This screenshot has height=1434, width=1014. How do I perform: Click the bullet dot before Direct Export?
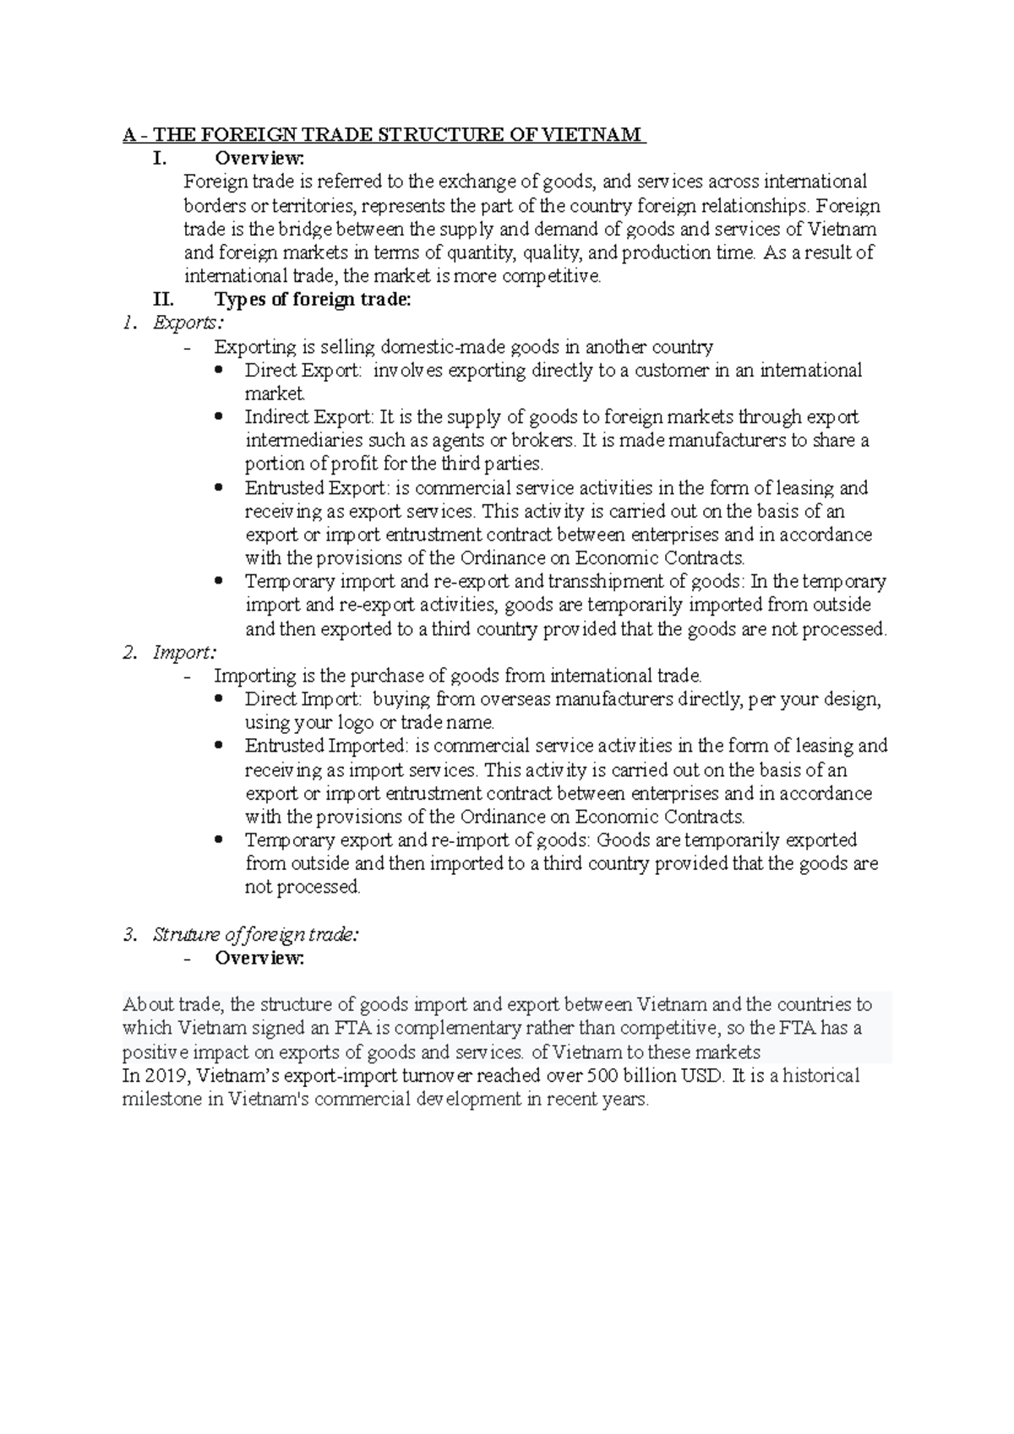pyautogui.click(x=220, y=370)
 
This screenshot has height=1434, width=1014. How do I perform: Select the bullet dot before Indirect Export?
pyautogui.click(x=220, y=416)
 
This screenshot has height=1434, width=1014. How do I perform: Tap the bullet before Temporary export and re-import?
pyautogui.click(x=220, y=840)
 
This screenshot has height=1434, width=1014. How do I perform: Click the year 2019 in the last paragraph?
pyautogui.click(x=164, y=1076)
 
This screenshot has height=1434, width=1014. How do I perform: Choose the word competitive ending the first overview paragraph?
pyautogui.click(x=552, y=276)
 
